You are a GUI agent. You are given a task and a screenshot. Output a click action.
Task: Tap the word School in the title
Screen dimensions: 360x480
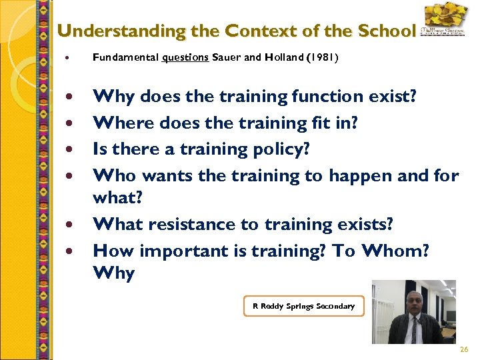coord(386,31)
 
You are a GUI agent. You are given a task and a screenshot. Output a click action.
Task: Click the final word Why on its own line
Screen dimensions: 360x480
coord(114,273)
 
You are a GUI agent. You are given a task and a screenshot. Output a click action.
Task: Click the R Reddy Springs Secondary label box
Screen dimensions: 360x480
coord(304,306)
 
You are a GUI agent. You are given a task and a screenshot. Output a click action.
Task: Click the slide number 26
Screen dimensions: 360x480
coord(464,350)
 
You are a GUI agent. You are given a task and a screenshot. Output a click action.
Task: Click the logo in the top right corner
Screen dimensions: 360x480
coord(444,20)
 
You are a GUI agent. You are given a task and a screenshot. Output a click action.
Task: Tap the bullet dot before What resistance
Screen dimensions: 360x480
coord(70,225)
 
